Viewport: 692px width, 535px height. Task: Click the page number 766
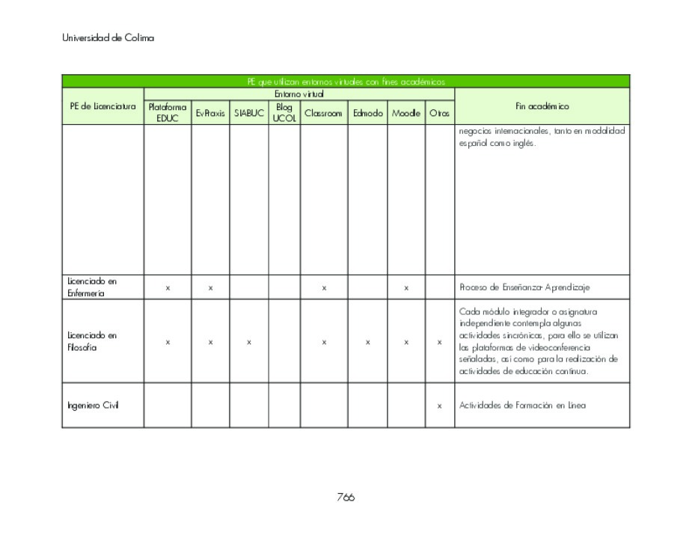point(345,498)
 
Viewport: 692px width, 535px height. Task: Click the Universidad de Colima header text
point(108,38)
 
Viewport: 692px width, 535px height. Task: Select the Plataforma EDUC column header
point(168,113)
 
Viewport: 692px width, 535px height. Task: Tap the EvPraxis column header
point(210,114)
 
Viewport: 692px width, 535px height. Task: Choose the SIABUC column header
point(248,114)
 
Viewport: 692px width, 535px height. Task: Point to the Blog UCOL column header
point(284,113)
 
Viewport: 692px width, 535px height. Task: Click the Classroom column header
point(323,114)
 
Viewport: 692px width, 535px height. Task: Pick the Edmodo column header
point(367,114)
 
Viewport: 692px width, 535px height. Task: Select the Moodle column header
point(405,114)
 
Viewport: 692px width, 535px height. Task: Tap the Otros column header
point(439,114)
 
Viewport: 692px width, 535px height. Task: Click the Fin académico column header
point(542,106)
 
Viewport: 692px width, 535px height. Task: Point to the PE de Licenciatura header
point(102,106)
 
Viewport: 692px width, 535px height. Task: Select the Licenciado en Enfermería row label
point(93,287)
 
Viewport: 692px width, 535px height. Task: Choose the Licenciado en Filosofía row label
point(93,342)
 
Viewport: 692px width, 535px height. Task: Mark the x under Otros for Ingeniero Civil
point(439,406)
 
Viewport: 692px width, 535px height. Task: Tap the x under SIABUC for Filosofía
point(248,343)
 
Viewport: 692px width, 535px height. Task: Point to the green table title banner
point(345,82)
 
